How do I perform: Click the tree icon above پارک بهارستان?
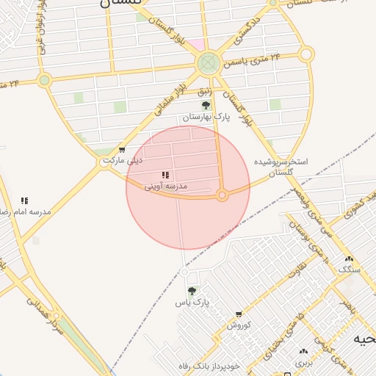tap(206, 106)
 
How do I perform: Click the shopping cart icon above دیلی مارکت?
tap(121, 150)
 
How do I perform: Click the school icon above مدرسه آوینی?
tap(165, 176)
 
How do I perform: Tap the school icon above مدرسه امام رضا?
tap(24, 200)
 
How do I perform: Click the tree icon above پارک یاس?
tap(192, 291)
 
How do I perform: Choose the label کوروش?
tap(239, 325)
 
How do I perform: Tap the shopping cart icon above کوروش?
tap(239, 314)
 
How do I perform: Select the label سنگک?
tap(349, 270)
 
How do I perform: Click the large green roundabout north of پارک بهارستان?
tap(209, 62)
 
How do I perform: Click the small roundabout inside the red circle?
tap(223, 195)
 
